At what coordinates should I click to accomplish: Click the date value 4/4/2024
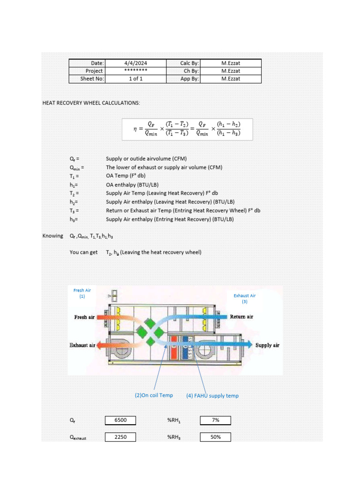pyautogui.click(x=135, y=63)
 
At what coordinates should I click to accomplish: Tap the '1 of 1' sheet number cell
pyautogui.click(x=135, y=79)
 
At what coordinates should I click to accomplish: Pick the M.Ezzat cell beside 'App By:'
pyautogui.click(x=231, y=79)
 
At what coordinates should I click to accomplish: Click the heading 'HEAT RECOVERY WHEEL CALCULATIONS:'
pyautogui.click(x=91, y=103)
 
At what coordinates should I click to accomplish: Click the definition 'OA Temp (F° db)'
pyautogui.click(x=126, y=176)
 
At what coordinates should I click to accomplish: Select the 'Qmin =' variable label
pyautogui.click(x=76, y=167)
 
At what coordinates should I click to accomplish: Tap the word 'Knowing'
pyautogui.click(x=52, y=236)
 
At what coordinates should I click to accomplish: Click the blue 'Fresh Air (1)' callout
pyautogui.click(x=82, y=293)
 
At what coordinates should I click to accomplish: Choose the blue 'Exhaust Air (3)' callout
pyautogui.click(x=245, y=299)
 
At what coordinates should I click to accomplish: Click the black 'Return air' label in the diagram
pyautogui.click(x=241, y=317)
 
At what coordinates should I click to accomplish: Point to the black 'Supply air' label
pyautogui.click(x=267, y=345)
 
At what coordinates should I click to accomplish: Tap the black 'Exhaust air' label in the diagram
pyautogui.click(x=82, y=345)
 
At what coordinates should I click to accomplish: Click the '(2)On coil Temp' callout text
pyautogui.click(x=153, y=395)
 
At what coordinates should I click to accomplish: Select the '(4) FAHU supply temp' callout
pyautogui.click(x=212, y=396)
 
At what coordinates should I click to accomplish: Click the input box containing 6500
pyautogui.click(x=120, y=420)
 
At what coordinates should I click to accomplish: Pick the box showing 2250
pyautogui.click(x=120, y=437)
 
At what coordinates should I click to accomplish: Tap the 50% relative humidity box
pyautogui.click(x=216, y=437)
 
